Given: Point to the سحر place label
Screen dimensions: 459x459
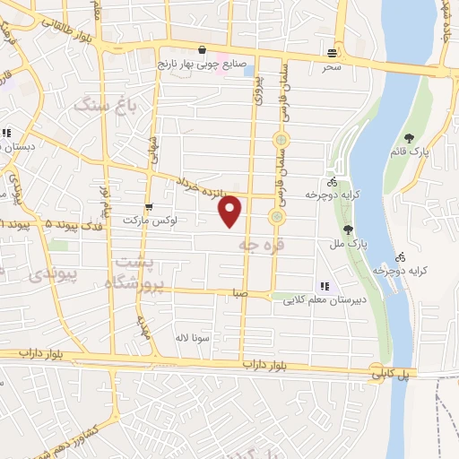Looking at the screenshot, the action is [x=333, y=67].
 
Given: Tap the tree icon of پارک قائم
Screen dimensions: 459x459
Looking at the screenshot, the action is [x=410, y=138].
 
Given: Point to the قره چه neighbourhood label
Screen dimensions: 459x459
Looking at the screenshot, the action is [x=255, y=243].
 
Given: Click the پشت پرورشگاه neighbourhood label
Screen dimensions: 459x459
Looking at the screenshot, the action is [x=136, y=271].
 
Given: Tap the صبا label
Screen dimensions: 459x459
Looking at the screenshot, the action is [x=238, y=293].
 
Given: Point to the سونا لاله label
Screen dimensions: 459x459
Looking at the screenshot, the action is [x=192, y=337].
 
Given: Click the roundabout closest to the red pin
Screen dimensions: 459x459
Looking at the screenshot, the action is [x=276, y=217].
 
